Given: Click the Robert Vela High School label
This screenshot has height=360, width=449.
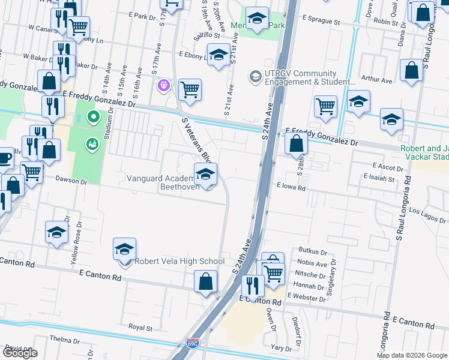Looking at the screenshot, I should (x=179, y=261).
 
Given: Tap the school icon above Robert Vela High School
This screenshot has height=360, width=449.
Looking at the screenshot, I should (x=125, y=249).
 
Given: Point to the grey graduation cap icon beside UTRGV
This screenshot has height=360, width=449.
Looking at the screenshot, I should (x=256, y=77).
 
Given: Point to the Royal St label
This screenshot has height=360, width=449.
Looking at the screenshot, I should (x=140, y=328).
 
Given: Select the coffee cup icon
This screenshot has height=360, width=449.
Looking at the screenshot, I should (x=4, y=158).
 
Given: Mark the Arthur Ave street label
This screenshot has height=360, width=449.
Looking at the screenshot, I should (x=373, y=79).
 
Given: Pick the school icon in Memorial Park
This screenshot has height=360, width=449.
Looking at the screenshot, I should (x=257, y=19).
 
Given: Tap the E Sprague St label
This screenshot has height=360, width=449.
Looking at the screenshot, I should (x=321, y=22).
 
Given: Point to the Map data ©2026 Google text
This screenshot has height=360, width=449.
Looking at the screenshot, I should (x=411, y=355).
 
